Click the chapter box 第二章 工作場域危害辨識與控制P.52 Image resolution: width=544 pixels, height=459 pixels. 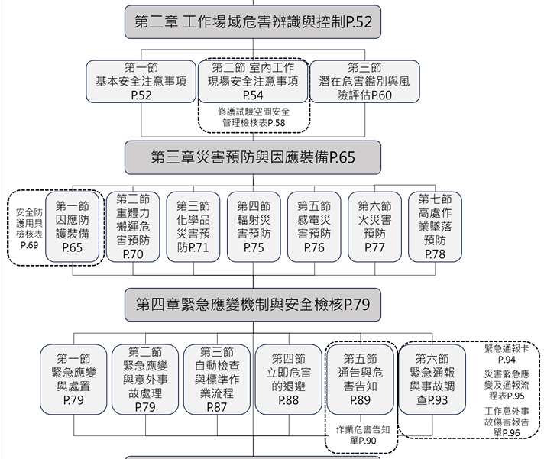tap(253, 22)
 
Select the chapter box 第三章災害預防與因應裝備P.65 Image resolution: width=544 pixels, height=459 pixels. tap(253, 157)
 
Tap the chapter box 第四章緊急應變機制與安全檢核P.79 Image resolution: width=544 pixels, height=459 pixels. tap(253, 305)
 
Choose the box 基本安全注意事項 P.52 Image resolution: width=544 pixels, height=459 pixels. tap(141, 82)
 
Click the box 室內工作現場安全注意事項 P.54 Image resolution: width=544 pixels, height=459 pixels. tap(253, 82)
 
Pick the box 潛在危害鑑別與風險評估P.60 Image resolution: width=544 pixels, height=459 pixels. tap(364, 82)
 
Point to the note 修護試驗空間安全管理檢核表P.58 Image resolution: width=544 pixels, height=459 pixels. tap(254, 117)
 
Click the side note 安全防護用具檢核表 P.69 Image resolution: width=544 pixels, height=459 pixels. tap(29, 228)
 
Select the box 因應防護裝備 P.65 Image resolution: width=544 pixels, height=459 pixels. tap(72, 227)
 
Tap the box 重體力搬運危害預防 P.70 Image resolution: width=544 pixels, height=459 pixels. tap(133, 227)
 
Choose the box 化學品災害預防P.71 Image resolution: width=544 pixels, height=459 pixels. tap(193, 227)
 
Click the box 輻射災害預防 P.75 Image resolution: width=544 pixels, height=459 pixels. tap(254, 227)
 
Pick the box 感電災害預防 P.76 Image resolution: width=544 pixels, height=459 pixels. tap(314, 227)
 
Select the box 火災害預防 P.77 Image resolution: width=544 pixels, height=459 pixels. tap(374, 227)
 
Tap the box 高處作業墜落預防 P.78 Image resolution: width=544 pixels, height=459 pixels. tap(435, 227)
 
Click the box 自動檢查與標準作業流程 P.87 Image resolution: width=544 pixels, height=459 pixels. tap(217, 380)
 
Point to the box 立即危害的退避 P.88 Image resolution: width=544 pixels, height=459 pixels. tap(289, 380)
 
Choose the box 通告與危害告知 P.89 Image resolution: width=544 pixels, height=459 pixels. tap(361, 380)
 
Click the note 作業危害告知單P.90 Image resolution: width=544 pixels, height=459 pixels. tap(363, 435)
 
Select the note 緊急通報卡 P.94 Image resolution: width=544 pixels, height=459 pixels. tap(507, 354)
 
